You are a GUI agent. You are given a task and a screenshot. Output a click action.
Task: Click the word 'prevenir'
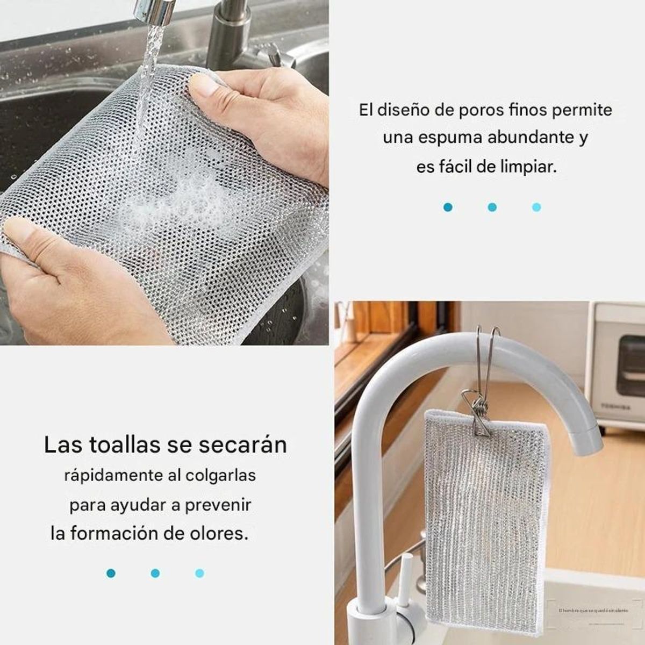click(x=218, y=505)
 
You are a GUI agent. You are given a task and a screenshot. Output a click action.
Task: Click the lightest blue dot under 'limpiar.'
click(x=536, y=207)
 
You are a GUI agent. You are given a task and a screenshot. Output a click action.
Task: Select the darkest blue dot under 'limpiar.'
click(x=448, y=207)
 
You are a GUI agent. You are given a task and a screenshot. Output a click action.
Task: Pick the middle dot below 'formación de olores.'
click(x=155, y=574)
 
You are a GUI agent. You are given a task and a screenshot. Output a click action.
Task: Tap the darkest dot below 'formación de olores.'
click(x=111, y=574)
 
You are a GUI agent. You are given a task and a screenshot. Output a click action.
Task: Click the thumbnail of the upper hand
click(x=205, y=85)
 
